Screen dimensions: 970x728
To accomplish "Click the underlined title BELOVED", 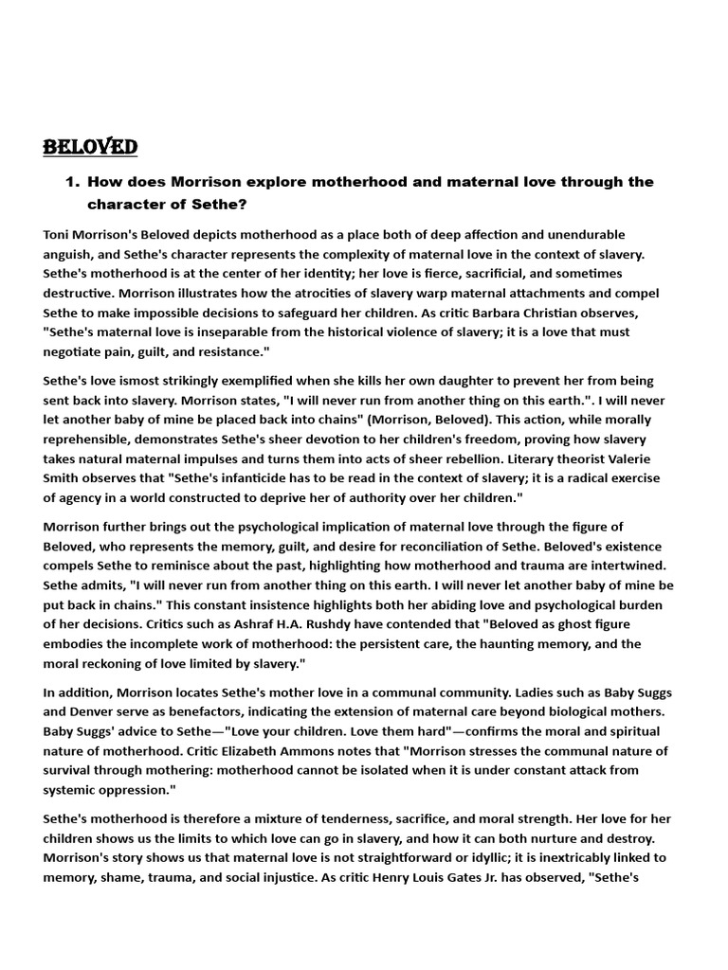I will pyautogui.click(x=90, y=147).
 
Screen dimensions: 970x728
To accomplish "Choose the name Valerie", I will pyautogui.click(x=649, y=458).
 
